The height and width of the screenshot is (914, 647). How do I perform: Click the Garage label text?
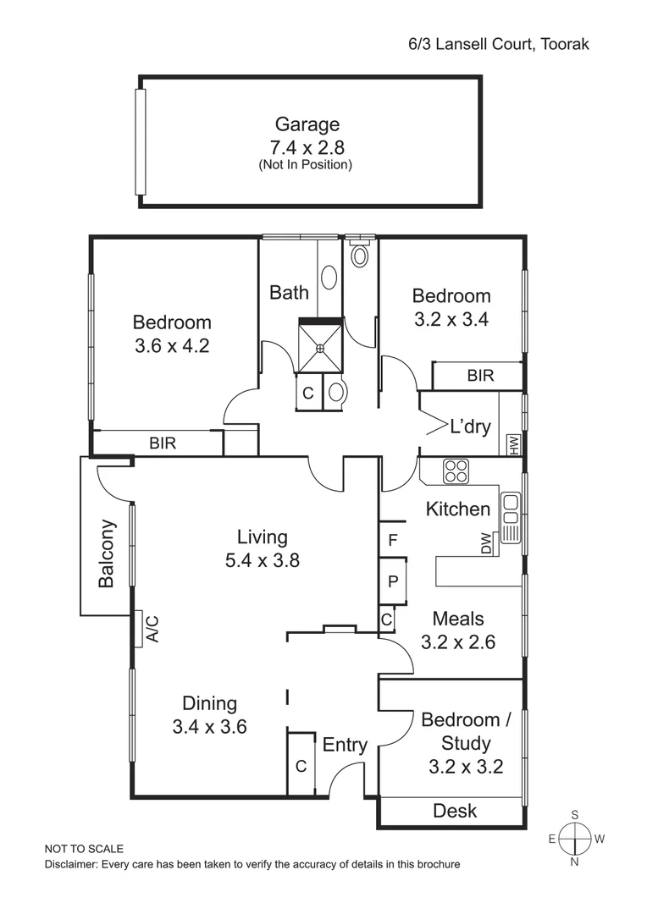307,124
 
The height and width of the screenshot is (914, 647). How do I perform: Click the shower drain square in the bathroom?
320,347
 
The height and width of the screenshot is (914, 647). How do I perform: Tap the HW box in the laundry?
513,443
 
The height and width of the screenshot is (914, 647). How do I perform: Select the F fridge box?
392,540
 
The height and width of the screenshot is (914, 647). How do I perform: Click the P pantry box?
393,581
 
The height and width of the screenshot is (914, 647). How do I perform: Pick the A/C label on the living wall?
152,629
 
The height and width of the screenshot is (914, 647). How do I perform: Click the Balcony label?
107,553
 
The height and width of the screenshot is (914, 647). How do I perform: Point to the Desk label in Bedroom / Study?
455,811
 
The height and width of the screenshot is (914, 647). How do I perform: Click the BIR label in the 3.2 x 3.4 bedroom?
480,376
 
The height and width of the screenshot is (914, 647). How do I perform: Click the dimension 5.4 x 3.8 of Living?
262,559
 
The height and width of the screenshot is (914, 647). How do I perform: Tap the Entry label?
345,745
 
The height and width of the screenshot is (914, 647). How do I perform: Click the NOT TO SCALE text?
84,849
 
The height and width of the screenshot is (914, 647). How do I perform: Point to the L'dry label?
470,427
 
